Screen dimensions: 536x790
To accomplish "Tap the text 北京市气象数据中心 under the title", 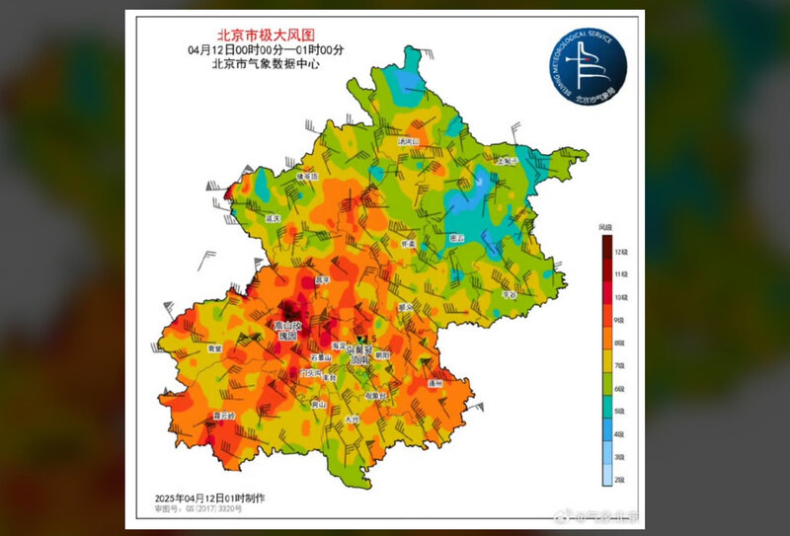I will coord(262,65).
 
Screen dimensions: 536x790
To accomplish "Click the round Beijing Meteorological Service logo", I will coord(589,66).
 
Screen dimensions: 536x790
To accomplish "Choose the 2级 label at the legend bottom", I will coord(621,480).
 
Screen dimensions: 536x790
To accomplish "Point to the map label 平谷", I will coord(511,293).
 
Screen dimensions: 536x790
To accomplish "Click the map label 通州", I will coord(435,382).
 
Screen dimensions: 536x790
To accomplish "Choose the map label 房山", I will coord(319,404).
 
